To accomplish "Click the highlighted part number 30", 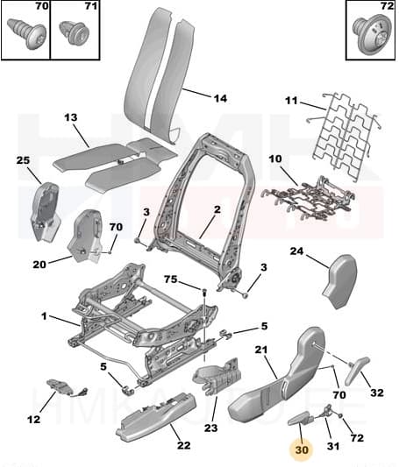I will pos(303,449).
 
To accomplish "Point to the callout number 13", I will pos(71,117).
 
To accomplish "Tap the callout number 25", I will pos(23,159).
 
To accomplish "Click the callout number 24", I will pos(296,251).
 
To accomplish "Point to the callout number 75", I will pos(171,280).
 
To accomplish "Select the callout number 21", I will pos(260,350).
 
